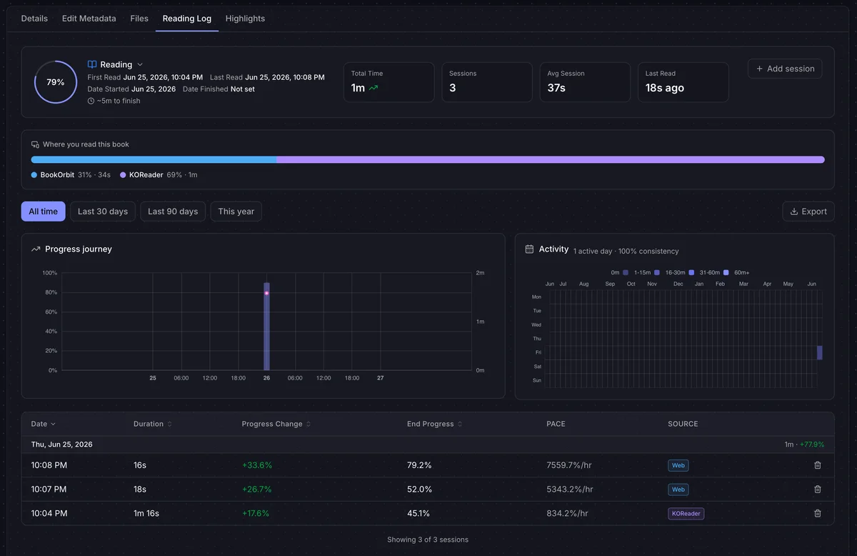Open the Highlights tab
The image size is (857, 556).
point(245,19)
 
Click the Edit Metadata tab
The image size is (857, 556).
point(89,19)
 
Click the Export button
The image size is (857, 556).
point(808,212)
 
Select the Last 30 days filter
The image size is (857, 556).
point(103,212)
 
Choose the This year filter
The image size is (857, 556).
point(236,212)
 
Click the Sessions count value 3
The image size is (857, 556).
point(453,88)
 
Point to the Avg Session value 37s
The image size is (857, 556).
point(556,88)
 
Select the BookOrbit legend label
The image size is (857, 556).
point(57,175)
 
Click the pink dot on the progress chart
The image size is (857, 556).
point(266,293)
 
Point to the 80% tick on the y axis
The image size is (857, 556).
point(51,292)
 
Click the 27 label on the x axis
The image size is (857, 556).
point(380,378)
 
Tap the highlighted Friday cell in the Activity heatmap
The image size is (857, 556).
point(820,352)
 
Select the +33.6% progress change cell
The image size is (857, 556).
point(256,465)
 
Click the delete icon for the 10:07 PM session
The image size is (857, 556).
point(818,490)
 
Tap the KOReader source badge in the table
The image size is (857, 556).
point(686,514)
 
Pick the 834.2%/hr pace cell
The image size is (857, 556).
point(567,514)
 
